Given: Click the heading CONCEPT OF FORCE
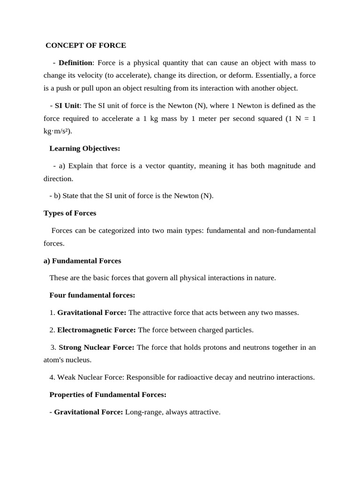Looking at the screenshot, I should pyautogui.click(x=86, y=45).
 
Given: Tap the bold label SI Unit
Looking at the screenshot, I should pyautogui.click(x=67, y=105).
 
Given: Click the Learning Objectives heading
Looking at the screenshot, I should pyautogui.click(x=84, y=149).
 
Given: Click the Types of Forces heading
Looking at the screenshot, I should pyautogui.click(x=70, y=213).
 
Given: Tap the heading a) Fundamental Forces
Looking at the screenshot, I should pyautogui.click(x=82, y=261).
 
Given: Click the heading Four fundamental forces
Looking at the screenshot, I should pyautogui.click(x=92, y=295).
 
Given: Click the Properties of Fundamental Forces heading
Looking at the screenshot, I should pyautogui.click(x=108, y=395).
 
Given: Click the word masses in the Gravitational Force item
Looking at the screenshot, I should pyautogui.click(x=285, y=313).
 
